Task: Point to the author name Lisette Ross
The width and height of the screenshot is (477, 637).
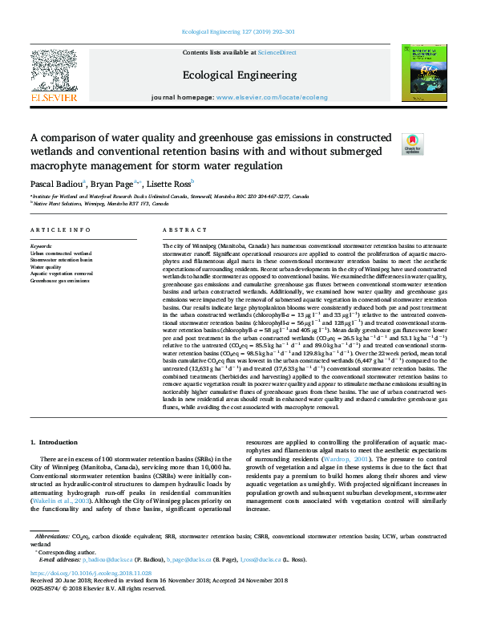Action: click(x=172, y=184)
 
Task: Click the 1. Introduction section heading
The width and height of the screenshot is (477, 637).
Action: click(x=55, y=442)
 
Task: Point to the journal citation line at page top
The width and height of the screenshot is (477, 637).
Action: click(x=238, y=32)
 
